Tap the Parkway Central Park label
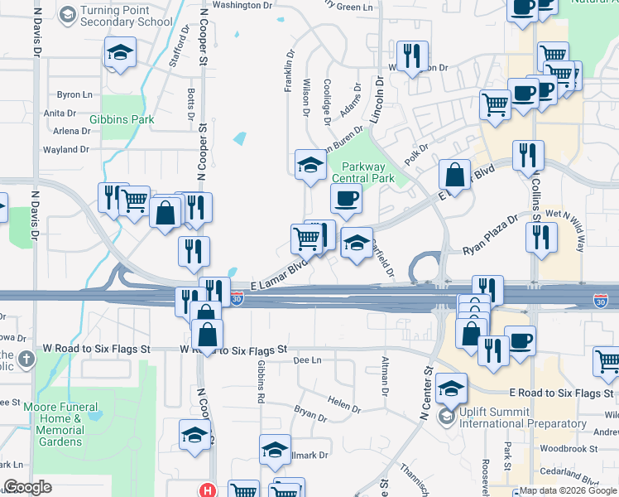coord(362,172)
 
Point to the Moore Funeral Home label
coord(65,418)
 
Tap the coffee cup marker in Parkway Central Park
coord(346,198)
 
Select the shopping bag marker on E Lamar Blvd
coord(454,174)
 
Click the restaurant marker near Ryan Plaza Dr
coord(541,237)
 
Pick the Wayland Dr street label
coord(65,150)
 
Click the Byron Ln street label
coord(74,95)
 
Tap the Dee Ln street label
coord(307,360)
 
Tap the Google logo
coord(28,487)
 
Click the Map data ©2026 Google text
coord(568,490)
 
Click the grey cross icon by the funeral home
coord(27,359)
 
